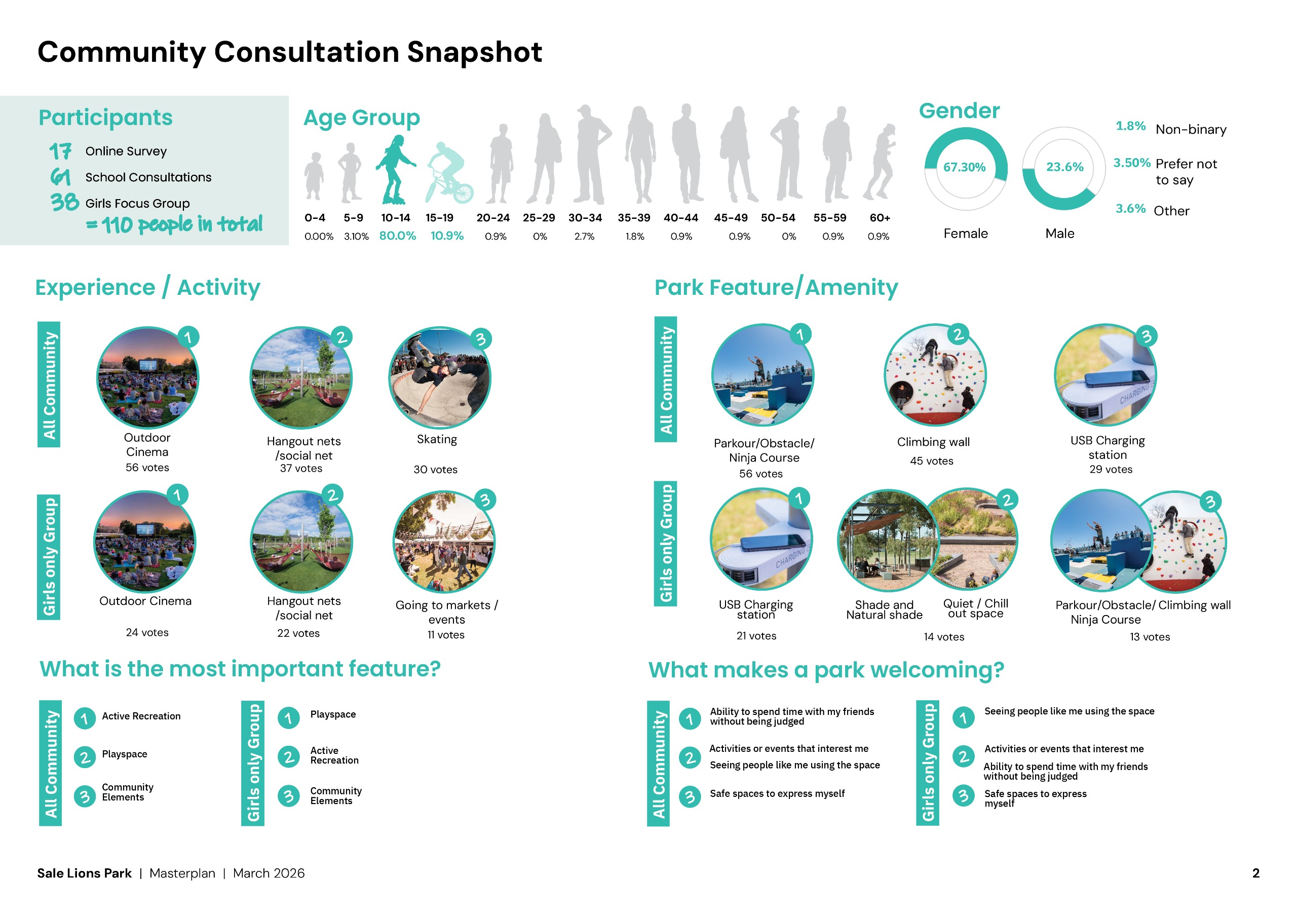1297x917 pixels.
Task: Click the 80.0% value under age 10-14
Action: click(x=397, y=236)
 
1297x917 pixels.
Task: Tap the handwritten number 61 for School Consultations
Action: click(x=60, y=177)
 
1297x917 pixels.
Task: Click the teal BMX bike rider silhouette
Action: click(x=448, y=173)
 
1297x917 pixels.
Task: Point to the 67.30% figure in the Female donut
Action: click(x=964, y=167)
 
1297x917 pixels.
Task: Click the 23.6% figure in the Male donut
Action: click(x=1064, y=167)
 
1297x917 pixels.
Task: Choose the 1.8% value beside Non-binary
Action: click(x=1130, y=126)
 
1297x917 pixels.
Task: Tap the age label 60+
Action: click(x=880, y=218)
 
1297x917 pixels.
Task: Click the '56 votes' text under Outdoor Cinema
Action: click(x=147, y=468)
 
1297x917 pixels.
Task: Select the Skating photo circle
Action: click(x=439, y=377)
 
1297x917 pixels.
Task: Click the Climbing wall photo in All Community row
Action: click(x=935, y=374)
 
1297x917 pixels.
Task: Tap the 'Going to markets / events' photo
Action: click(x=444, y=541)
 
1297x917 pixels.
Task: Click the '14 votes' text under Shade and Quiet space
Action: click(x=943, y=637)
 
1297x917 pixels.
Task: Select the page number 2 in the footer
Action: click(x=1255, y=873)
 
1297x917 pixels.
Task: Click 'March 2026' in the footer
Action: click(x=269, y=873)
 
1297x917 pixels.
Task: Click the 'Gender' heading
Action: click(x=959, y=111)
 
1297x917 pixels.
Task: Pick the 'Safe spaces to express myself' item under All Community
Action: click(x=777, y=793)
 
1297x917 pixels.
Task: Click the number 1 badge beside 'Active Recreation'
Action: click(x=85, y=718)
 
